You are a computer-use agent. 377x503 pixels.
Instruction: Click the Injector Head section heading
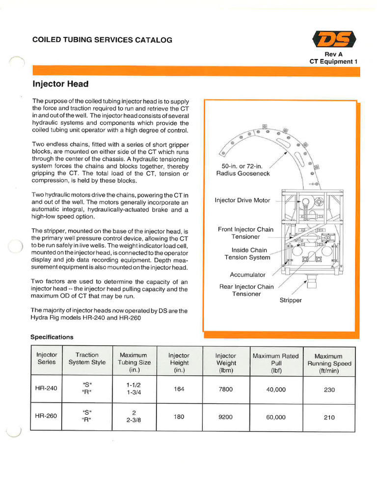point(60,84)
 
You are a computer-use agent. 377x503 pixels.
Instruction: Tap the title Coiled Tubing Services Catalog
point(102,40)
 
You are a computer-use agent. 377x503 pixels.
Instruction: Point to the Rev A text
point(333,54)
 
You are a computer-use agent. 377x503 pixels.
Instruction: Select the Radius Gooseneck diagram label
point(243,170)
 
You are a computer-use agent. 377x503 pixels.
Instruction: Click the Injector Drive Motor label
point(242,200)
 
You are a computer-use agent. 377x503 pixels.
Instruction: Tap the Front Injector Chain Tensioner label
point(245,233)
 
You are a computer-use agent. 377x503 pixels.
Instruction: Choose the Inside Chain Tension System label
point(247,253)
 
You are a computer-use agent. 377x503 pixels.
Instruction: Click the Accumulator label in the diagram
point(247,275)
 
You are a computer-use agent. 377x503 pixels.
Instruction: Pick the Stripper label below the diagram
point(291,300)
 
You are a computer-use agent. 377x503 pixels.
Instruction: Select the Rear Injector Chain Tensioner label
point(246,290)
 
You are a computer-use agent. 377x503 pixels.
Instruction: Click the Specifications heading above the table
point(52,337)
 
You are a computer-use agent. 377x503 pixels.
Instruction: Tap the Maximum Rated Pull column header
point(275,363)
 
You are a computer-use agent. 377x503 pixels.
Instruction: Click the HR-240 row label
point(46,388)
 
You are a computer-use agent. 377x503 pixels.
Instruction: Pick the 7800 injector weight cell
point(225,389)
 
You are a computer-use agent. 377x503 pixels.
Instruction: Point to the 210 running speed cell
point(329,418)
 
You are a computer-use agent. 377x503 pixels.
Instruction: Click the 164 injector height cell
point(179,389)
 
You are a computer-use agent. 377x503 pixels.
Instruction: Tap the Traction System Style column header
point(87,359)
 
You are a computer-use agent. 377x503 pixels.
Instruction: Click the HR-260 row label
point(46,416)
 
